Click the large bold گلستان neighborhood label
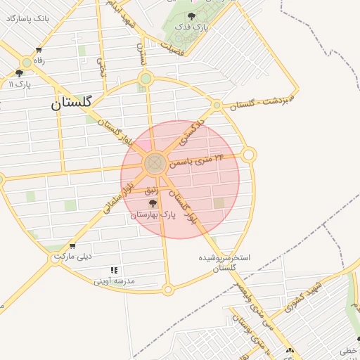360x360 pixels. click(x=71, y=103)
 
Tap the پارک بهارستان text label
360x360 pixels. click(x=152, y=214)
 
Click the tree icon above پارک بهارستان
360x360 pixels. click(x=153, y=203)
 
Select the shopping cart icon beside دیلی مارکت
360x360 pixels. click(x=72, y=247)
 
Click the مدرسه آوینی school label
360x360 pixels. click(x=114, y=281)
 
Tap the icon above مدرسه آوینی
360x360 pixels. click(x=114, y=270)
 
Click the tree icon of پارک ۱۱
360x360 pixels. click(x=19, y=73)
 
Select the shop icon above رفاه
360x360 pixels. click(x=38, y=50)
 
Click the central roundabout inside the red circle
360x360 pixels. click(x=154, y=165)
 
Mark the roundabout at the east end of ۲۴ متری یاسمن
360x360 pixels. click(x=248, y=155)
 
